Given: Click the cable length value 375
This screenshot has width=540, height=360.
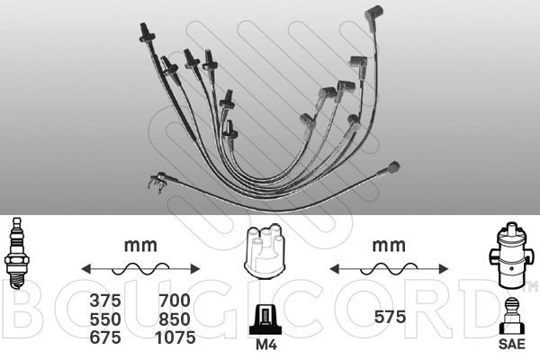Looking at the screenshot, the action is [105, 301].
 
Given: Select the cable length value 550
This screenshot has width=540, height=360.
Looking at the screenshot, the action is [105, 319].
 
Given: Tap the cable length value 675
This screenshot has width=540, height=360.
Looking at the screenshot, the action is [105, 337].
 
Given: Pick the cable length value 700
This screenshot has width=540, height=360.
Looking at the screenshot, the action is [175, 301].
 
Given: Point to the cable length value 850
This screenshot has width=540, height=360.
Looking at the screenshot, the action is [175, 319].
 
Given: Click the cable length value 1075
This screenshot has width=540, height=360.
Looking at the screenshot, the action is [175, 337].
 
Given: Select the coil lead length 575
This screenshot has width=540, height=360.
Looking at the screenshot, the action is [390, 317].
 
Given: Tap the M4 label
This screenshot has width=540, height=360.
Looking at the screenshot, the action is [266, 345].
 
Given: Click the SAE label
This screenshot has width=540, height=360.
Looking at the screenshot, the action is [512, 344].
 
